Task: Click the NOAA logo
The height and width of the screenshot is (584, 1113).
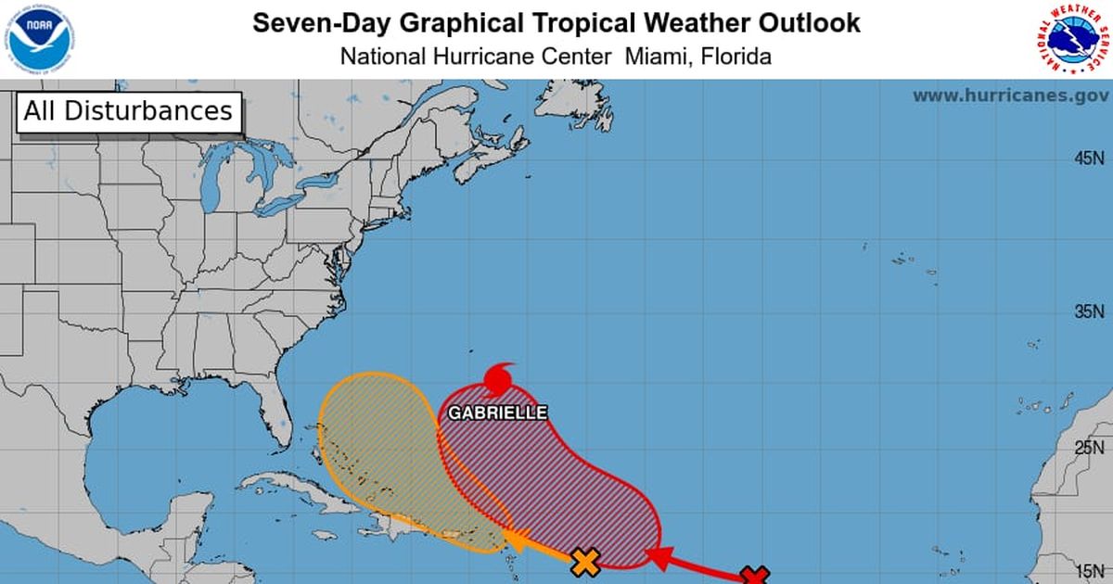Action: (39, 38)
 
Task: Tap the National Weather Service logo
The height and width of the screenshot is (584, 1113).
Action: (1072, 39)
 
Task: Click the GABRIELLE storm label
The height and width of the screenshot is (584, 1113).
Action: (498, 413)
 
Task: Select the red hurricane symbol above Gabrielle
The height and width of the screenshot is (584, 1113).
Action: (498, 378)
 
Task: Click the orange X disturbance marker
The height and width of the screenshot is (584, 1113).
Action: (584, 562)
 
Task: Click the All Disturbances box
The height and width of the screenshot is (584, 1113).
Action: (128, 112)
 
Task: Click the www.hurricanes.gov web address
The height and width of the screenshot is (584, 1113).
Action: (1010, 95)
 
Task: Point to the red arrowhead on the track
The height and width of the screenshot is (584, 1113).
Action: (657, 557)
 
